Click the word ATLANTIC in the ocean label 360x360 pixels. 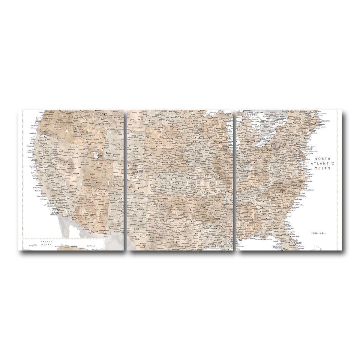pos(322,163)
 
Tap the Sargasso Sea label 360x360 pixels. pos(319,233)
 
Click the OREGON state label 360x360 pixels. pos(57,127)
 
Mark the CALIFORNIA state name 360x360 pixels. pos(56,188)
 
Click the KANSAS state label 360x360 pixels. pos(175,181)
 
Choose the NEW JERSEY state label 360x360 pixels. pos(311,146)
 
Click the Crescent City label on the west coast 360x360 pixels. pos(33,133)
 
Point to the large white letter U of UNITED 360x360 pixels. pos(64,182)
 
